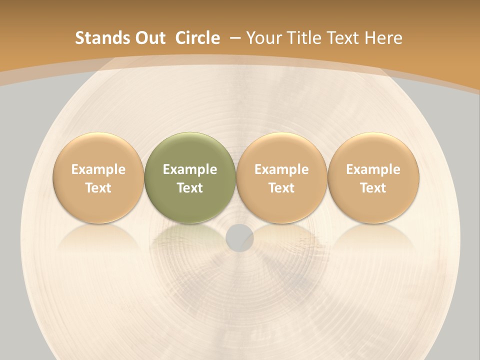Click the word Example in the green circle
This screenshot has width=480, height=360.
[190, 169]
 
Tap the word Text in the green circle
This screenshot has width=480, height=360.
[190, 188]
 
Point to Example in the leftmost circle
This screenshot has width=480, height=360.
[98, 169]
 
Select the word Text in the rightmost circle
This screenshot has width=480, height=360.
[373, 188]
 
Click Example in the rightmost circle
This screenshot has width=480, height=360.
[373, 169]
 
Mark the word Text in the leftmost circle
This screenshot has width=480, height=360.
[98, 188]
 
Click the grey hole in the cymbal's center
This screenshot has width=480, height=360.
[239, 237]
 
